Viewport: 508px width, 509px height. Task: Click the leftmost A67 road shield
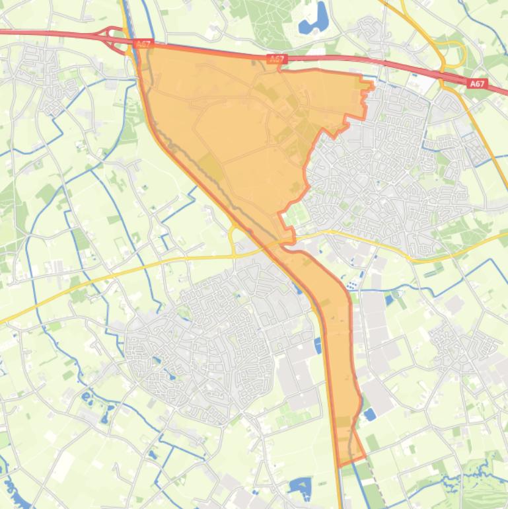[x=143, y=44]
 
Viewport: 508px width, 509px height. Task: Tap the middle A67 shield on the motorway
[x=277, y=59]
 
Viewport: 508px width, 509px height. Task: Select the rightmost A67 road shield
[x=478, y=84]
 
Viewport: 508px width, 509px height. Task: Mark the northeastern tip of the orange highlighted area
[x=370, y=84]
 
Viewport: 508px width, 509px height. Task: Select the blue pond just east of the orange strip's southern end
[x=369, y=414]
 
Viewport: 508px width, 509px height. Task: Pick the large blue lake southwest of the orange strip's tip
[x=301, y=488]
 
